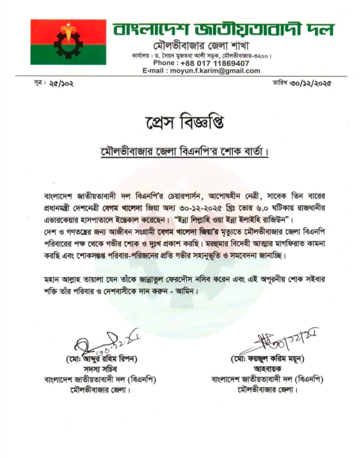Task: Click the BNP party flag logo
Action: (x=68, y=42)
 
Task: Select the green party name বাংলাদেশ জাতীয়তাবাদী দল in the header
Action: (x=223, y=29)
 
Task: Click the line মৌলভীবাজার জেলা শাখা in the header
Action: (x=201, y=47)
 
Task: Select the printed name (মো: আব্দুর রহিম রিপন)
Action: (x=101, y=359)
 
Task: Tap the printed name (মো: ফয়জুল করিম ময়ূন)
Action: (x=268, y=359)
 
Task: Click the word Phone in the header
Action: (x=163, y=63)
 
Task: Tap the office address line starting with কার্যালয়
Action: (x=201, y=56)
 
